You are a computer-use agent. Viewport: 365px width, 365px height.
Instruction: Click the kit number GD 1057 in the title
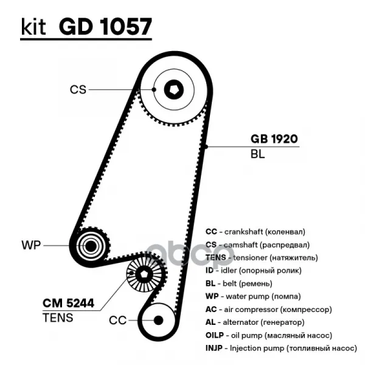tap(106, 28)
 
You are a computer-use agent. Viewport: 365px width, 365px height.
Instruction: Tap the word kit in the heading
tap(33, 28)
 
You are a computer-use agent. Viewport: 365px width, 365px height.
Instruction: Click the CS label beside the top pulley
tap(78, 89)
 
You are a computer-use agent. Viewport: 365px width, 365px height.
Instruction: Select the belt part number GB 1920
tap(274, 139)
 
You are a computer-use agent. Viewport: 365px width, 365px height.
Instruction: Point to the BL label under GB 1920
tap(257, 154)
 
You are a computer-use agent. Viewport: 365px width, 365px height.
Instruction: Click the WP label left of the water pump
tap(30, 246)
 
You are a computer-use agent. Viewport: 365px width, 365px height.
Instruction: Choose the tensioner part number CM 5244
tap(68, 303)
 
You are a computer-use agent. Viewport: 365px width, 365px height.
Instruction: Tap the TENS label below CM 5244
tap(58, 318)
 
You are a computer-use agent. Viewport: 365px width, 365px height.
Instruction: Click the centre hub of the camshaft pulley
tap(173, 89)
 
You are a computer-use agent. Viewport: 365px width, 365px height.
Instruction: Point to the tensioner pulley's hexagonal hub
tap(144, 276)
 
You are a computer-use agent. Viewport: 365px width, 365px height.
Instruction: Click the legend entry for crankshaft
tap(255, 232)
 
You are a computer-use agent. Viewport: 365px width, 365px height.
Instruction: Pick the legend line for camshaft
tap(257, 245)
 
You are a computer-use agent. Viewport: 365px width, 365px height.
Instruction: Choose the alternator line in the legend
tap(255, 322)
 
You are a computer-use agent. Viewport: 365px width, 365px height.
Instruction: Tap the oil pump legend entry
tap(268, 335)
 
